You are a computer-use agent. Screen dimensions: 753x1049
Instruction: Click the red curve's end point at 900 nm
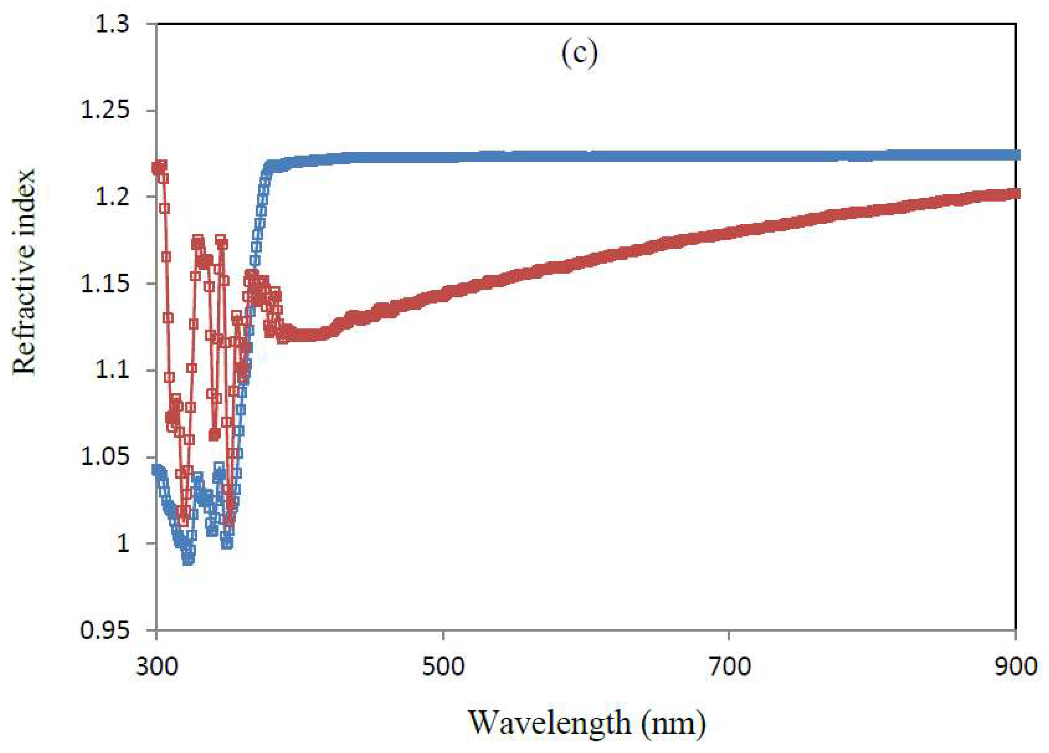pyautogui.click(x=1014, y=193)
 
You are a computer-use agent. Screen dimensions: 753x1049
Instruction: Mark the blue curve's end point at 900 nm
pyautogui.click(x=1014, y=155)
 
